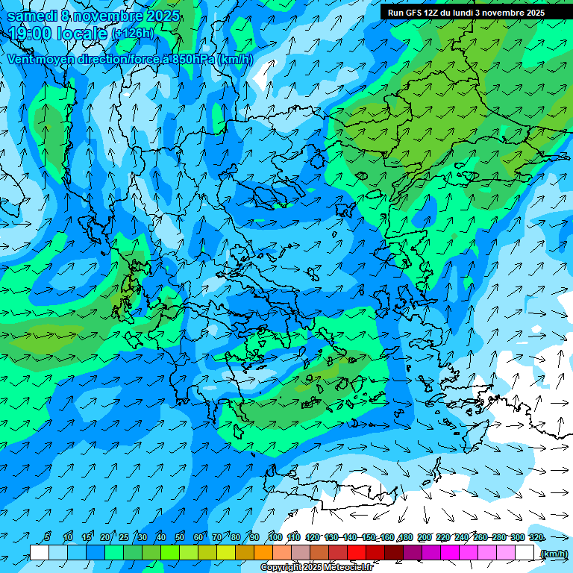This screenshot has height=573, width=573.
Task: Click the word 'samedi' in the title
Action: tap(32, 16)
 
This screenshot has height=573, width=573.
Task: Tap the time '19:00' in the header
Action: tap(32, 34)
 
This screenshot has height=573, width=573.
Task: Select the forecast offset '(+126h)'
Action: tap(133, 34)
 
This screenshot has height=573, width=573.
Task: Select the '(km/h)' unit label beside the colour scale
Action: tap(554, 554)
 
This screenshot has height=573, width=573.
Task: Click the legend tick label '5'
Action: tap(48, 537)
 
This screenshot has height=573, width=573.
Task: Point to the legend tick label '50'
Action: tap(180, 537)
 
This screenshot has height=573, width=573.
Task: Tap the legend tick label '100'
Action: tap(275, 537)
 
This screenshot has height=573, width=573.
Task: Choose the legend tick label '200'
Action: tap(425, 537)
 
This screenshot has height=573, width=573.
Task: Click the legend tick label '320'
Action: tap(536, 537)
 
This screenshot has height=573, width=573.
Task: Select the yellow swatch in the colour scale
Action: tap(226, 553)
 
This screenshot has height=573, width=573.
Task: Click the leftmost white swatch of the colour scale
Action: tap(40, 553)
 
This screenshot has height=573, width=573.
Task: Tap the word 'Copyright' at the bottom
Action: tap(281, 568)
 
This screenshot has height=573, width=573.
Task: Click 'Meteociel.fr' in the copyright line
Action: tap(348, 568)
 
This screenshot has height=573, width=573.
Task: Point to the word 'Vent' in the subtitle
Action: tap(21, 59)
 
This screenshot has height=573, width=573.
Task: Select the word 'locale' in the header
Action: tap(82, 34)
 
